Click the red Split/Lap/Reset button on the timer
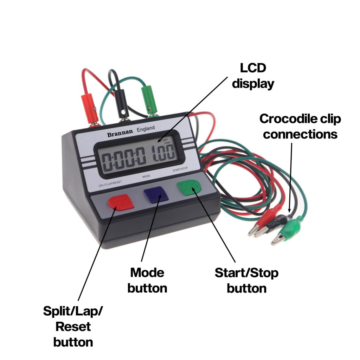[121, 202]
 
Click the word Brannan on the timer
[120, 134]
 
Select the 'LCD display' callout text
[253, 76]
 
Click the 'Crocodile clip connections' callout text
[300, 127]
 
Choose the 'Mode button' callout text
[147, 280]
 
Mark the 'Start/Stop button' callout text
[246, 280]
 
